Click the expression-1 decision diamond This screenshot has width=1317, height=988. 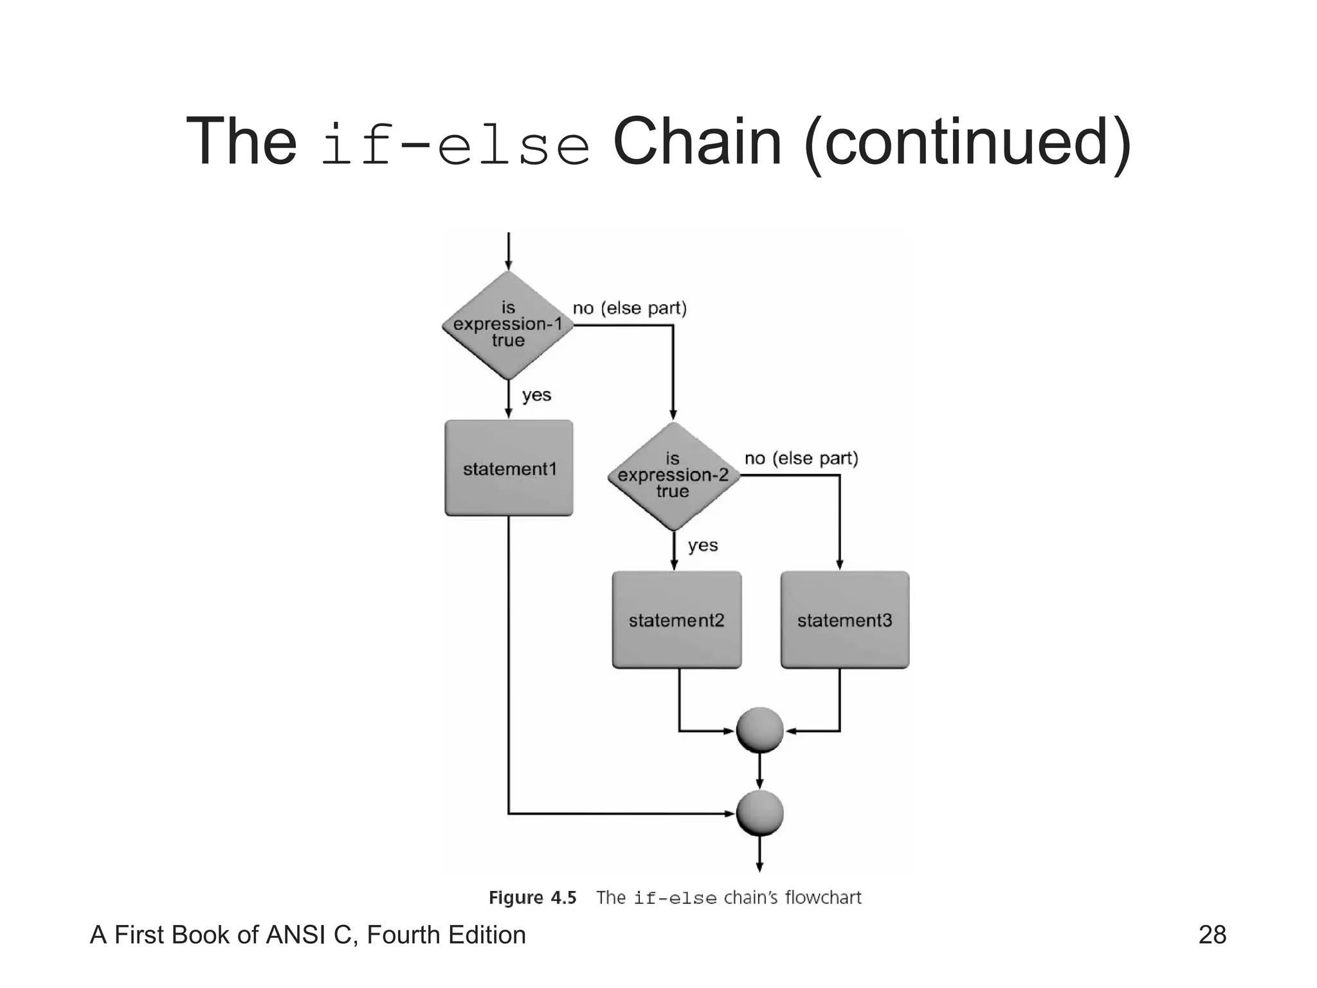point(508,325)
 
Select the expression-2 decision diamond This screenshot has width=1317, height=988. point(673,476)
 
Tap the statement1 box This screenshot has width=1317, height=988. point(509,468)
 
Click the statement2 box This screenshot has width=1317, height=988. point(677,620)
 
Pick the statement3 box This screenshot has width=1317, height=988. point(844,620)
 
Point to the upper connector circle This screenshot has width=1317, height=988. point(759,730)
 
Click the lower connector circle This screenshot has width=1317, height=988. point(759,814)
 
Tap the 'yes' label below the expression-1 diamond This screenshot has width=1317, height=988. point(536,394)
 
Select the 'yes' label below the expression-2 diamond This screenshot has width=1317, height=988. point(702,545)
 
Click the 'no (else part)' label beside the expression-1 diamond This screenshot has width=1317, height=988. point(630,308)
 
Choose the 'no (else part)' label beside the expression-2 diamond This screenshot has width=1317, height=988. point(801,459)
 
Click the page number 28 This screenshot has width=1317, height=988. point(1212,935)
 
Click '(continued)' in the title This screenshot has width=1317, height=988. point(967,143)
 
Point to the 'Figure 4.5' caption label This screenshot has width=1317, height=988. point(532,897)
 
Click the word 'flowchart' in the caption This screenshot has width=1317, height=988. point(822,897)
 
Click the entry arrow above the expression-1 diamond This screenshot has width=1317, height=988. point(508,251)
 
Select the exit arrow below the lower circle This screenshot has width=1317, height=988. point(759,854)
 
